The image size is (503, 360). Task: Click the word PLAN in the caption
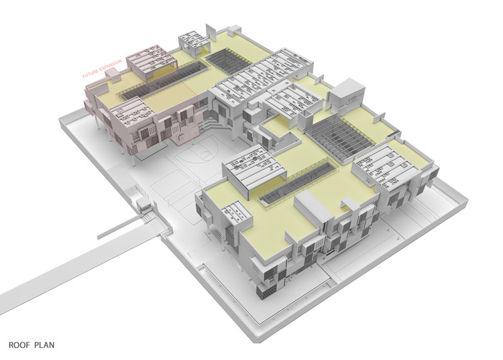point(44,345)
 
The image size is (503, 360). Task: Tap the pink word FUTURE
point(90,73)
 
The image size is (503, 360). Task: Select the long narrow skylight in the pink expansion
point(164,80)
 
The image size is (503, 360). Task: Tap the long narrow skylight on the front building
point(298,183)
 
